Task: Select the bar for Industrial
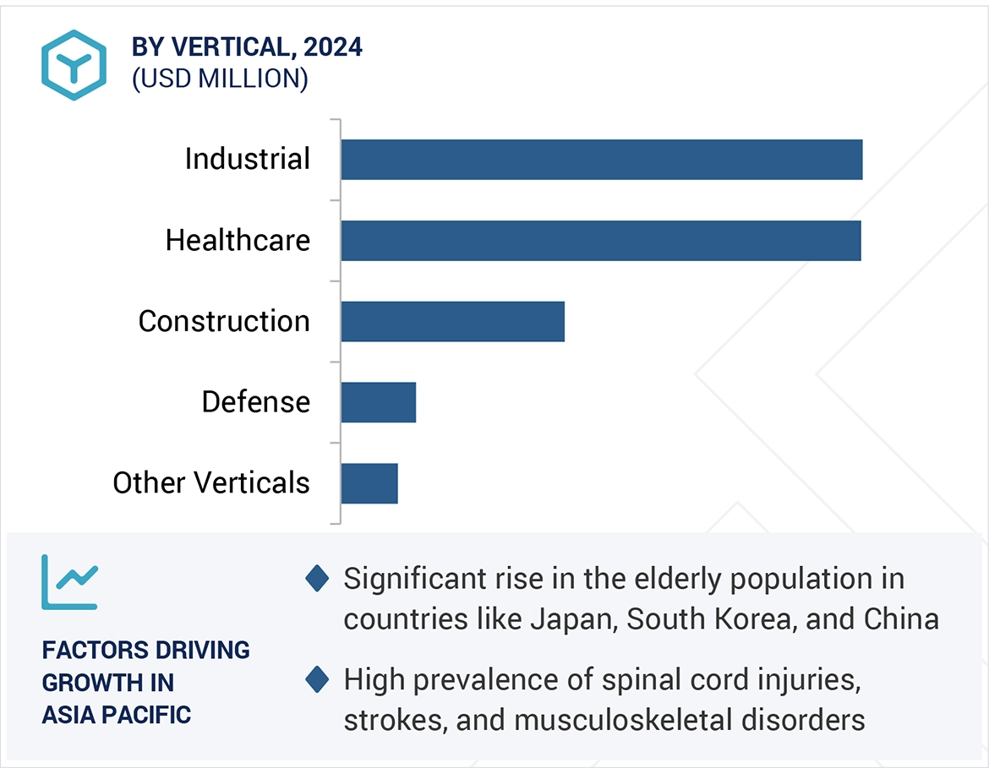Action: (601, 160)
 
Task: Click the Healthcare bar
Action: (600, 240)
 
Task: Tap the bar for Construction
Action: (452, 321)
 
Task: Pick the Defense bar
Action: (378, 401)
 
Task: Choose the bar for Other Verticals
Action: (369, 482)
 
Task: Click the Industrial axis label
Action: (248, 160)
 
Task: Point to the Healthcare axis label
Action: (238, 241)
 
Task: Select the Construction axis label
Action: (224, 321)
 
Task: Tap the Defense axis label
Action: (255, 402)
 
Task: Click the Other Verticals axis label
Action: (211, 483)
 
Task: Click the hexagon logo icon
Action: (74, 65)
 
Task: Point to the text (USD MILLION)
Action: (220, 79)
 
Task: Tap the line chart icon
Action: (69, 582)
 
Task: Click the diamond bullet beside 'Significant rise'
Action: (317, 580)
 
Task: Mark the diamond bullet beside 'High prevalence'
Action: (317, 679)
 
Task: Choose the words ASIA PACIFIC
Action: (117, 714)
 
